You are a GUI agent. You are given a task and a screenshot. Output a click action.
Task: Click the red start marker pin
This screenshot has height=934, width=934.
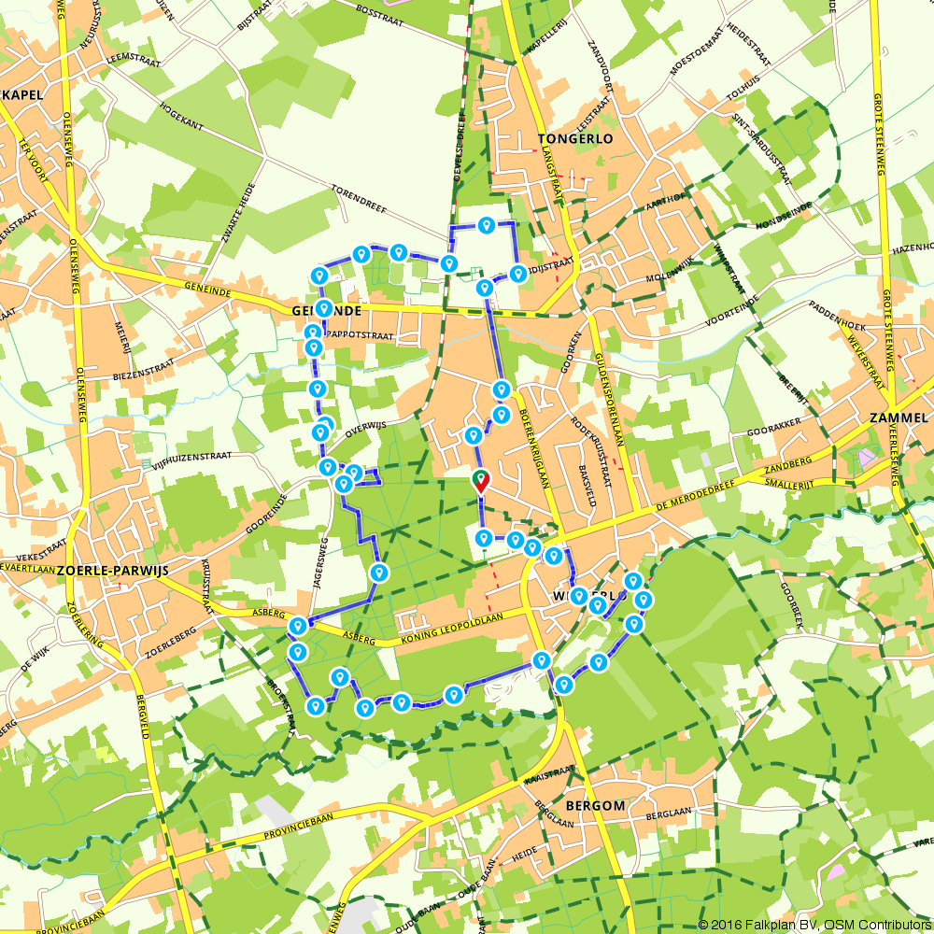pyautogui.click(x=480, y=481)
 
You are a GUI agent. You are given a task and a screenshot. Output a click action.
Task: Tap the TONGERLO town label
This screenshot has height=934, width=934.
pyautogui.click(x=575, y=138)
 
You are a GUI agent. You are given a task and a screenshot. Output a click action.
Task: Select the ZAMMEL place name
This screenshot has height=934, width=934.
pyautogui.click(x=898, y=417)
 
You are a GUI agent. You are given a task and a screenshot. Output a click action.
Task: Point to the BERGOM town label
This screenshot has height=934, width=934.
pyautogui.click(x=595, y=804)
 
